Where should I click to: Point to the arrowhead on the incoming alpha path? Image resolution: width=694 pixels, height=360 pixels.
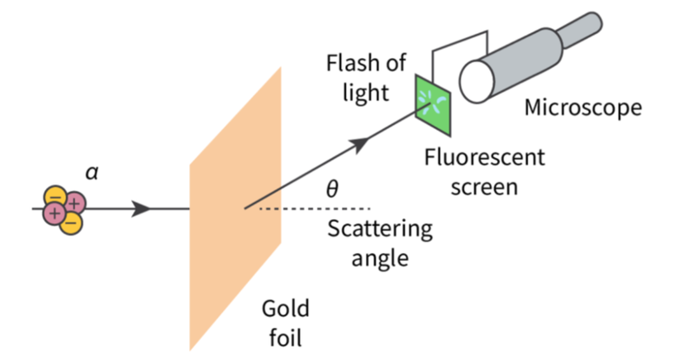(141, 209)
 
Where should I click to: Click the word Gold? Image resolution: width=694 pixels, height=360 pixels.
(285, 310)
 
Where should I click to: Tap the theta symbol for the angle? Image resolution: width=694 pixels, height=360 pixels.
(331, 188)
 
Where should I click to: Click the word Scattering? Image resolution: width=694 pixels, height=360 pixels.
(380, 230)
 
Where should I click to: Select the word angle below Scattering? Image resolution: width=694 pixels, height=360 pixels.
(380, 259)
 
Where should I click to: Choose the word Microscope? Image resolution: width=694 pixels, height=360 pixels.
(583, 108)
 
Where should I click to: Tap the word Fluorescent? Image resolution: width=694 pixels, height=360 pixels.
(485, 158)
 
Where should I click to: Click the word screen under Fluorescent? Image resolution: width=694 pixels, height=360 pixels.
(485, 186)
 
